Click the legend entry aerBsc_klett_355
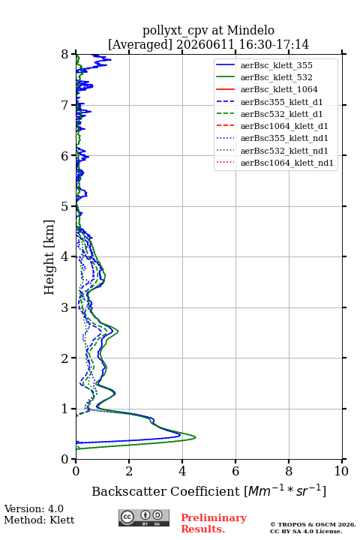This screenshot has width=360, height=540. (x=276, y=65)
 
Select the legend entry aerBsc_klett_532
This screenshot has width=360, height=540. (x=276, y=77)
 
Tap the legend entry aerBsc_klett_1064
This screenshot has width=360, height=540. (x=279, y=89)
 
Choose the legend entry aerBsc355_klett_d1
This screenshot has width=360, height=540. (x=281, y=102)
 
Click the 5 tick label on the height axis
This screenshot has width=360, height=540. (x=65, y=206)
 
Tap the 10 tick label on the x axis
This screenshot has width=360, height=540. (x=341, y=471)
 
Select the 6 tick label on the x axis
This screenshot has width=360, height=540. (x=235, y=471)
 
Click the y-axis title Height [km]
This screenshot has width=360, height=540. (x=49, y=257)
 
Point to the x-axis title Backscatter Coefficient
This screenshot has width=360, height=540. (x=165, y=491)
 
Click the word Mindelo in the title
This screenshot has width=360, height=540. (x=250, y=30)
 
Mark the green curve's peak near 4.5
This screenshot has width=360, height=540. (x=196, y=437)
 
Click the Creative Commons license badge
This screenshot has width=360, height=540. (x=144, y=517)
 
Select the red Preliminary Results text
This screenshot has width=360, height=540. (x=214, y=523)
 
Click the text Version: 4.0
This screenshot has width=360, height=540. (x=34, y=508)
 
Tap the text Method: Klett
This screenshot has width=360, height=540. (x=39, y=520)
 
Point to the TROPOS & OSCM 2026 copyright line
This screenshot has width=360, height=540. (x=313, y=524)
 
